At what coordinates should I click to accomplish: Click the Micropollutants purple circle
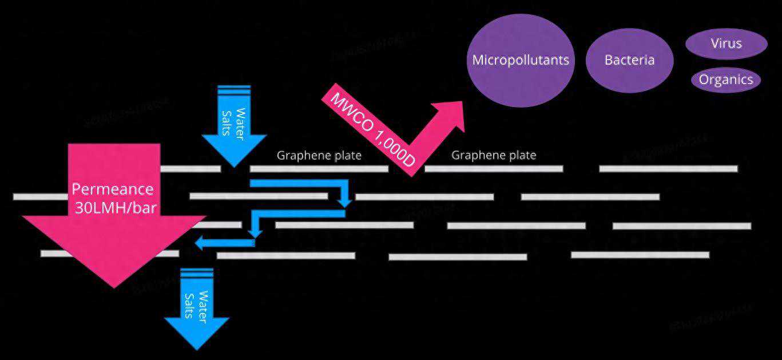[521, 60]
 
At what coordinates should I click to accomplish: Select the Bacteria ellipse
[629, 60]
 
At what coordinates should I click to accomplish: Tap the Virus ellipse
[726, 43]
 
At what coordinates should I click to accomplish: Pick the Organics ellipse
[726, 80]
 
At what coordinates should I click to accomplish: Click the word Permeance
[113, 189]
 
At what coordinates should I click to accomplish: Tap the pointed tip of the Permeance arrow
[114, 286]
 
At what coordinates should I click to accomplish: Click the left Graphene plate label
[319, 155]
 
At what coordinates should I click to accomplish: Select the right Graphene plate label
[494, 155]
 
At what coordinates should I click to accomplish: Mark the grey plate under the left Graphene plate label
[319, 168]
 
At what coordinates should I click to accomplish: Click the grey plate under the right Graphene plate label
[494, 168]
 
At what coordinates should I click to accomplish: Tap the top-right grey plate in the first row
[668, 168]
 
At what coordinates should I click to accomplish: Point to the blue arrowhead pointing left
[200, 244]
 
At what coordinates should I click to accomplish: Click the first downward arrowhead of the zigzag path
[344, 202]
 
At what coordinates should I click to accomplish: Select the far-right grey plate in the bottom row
[640, 255]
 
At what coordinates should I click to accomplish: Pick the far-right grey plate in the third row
[682, 226]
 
